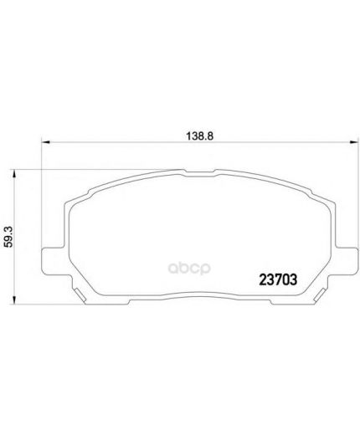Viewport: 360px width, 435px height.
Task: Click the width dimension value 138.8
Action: coord(199,136)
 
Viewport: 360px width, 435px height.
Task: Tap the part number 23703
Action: coord(278,279)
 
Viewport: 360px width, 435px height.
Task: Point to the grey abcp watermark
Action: coord(189,269)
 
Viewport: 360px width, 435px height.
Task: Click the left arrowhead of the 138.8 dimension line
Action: coord(45,142)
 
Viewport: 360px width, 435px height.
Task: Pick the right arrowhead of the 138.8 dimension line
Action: coord(354,142)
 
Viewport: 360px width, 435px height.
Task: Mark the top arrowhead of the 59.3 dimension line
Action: coord(13,173)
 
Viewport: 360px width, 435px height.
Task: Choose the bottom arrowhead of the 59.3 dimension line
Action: coord(13,300)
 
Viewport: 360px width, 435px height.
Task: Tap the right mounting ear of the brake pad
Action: coord(346,260)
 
